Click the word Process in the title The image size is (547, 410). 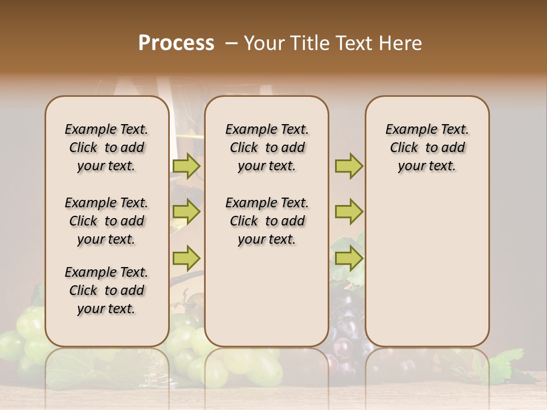pyautogui.click(x=176, y=43)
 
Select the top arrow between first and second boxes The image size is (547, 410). pyautogui.click(x=186, y=166)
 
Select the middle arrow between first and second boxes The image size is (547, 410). pyautogui.click(x=186, y=212)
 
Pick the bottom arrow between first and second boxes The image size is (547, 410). pyautogui.click(x=186, y=257)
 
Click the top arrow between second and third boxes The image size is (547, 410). pyautogui.click(x=349, y=166)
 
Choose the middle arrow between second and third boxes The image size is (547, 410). pyautogui.click(x=349, y=212)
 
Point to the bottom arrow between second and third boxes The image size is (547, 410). pyautogui.click(x=349, y=258)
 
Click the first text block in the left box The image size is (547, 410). pyautogui.click(x=106, y=147)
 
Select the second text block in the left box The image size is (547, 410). pyautogui.click(x=106, y=221)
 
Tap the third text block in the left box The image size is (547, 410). pyautogui.click(x=106, y=290)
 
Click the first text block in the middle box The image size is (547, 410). pyautogui.click(x=267, y=147)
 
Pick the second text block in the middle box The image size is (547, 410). pyautogui.click(x=267, y=221)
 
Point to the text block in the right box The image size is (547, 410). pyautogui.click(x=427, y=147)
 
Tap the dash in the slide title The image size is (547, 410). pyautogui.click(x=231, y=43)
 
